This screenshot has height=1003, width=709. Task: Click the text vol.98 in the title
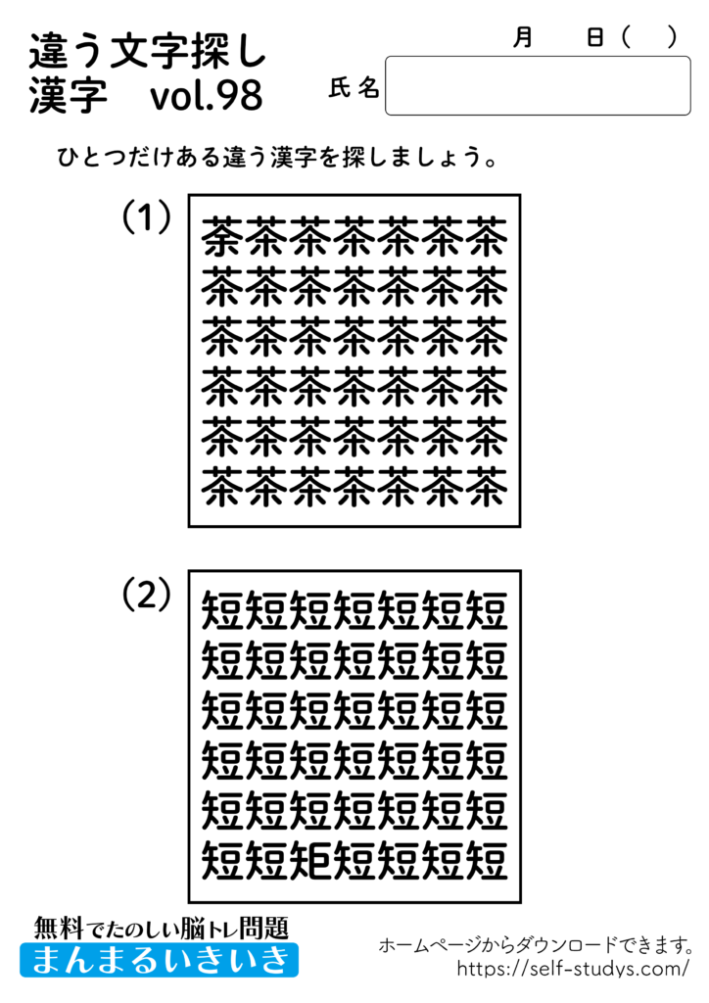(208, 97)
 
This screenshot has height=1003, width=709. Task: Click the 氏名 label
(354, 88)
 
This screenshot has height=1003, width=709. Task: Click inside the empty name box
(538, 86)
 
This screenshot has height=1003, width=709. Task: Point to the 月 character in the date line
(522, 37)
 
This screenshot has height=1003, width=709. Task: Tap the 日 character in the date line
(594, 37)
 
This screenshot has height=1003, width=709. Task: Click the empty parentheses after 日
(649, 37)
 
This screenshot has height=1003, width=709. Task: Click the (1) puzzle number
(147, 216)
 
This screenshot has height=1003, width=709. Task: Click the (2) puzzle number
(147, 593)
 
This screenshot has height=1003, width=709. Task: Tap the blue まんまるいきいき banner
(159, 959)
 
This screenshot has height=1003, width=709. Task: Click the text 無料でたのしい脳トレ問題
(161, 926)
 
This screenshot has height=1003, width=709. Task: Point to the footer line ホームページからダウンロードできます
(537, 945)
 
